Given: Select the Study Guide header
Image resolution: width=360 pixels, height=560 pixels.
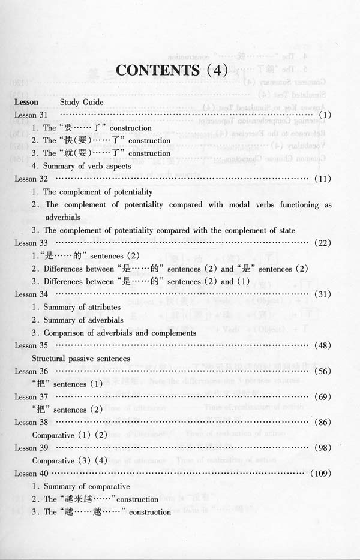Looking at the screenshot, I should click(82, 102).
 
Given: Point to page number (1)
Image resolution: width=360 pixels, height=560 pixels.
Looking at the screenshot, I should click(326, 115).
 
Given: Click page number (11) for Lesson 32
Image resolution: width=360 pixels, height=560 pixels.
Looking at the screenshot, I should click(323, 179).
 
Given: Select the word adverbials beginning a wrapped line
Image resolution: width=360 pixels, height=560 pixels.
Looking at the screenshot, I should click(64, 217).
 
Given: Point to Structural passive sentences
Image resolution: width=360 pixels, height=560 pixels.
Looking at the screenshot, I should click(81, 359).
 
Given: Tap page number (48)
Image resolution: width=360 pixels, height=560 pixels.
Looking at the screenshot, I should click(323, 345).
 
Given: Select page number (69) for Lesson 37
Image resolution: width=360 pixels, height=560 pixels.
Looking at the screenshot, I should click(323, 397).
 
